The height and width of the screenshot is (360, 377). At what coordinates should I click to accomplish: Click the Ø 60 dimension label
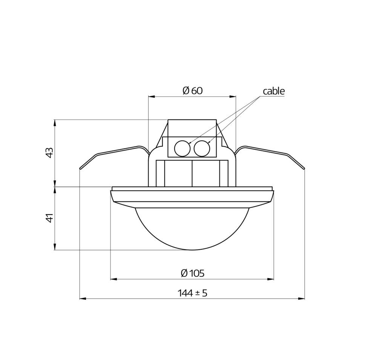point(193,90)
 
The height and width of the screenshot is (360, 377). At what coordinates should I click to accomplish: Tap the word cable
point(274,91)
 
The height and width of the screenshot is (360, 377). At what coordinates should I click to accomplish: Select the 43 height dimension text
point(49,153)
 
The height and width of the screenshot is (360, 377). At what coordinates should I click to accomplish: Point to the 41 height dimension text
point(49,218)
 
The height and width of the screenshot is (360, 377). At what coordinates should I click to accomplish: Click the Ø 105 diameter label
point(193,273)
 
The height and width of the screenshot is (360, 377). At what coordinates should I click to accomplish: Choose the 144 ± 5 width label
point(192,293)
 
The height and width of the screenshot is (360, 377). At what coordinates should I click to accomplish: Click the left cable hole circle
point(182,148)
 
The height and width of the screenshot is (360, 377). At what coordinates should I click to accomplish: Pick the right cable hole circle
point(202,148)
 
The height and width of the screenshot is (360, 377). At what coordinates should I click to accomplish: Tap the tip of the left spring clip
point(80,169)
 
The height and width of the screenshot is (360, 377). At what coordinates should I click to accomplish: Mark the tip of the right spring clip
point(304,169)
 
